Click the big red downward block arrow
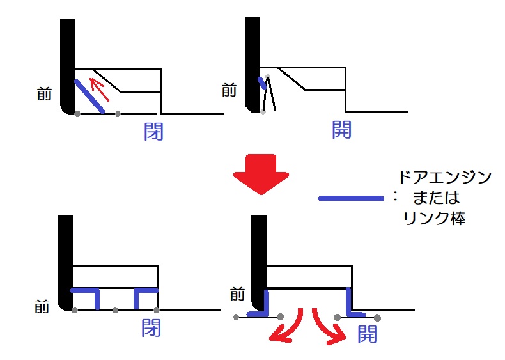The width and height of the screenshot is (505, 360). (261, 175)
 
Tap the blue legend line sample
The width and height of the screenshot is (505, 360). (351, 198)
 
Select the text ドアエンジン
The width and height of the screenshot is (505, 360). (444, 177)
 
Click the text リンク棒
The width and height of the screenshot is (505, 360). (434, 218)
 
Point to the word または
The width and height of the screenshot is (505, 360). (436, 198)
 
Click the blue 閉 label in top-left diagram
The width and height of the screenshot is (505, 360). (153, 131)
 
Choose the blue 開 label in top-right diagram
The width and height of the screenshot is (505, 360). (341, 129)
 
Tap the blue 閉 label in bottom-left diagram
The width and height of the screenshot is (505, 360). (151, 328)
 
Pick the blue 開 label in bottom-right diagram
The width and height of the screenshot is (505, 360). (367, 334)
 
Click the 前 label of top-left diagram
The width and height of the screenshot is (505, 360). (45, 94)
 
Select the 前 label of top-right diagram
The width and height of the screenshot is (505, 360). (229, 90)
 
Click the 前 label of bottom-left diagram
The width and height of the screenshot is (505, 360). (42, 306)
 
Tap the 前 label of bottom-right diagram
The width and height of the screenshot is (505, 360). (237, 294)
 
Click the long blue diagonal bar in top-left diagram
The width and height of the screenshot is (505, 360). (89, 97)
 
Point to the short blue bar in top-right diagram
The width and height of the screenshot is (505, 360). (262, 83)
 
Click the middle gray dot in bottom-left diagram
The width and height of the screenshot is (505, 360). (115, 310)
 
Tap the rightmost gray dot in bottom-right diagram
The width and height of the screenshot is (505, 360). (377, 318)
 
